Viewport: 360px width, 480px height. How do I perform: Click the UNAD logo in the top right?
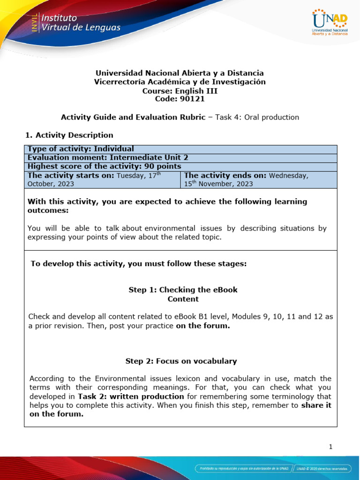(x=330, y=22)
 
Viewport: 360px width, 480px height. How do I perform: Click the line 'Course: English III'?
(x=180, y=90)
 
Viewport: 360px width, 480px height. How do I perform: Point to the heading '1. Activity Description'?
(x=69, y=135)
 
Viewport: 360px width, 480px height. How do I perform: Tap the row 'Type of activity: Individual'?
(x=81, y=149)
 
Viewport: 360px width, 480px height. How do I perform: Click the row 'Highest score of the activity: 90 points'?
(x=104, y=166)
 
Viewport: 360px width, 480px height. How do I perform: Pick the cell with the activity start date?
(x=102, y=179)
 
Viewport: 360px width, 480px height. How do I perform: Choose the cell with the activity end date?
(x=258, y=179)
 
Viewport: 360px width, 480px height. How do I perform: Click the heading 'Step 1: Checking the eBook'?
(x=183, y=290)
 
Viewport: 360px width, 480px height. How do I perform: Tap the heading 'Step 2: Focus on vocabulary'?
(x=181, y=361)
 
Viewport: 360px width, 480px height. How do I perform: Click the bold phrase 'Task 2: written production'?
(x=131, y=396)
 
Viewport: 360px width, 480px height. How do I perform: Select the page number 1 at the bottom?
(x=330, y=447)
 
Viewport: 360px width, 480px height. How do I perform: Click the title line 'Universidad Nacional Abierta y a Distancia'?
(x=180, y=73)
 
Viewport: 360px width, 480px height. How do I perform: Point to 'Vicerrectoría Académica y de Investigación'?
(x=180, y=82)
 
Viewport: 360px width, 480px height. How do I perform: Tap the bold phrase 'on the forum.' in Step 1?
(x=203, y=325)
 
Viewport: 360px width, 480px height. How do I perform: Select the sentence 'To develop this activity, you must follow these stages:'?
(x=138, y=263)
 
